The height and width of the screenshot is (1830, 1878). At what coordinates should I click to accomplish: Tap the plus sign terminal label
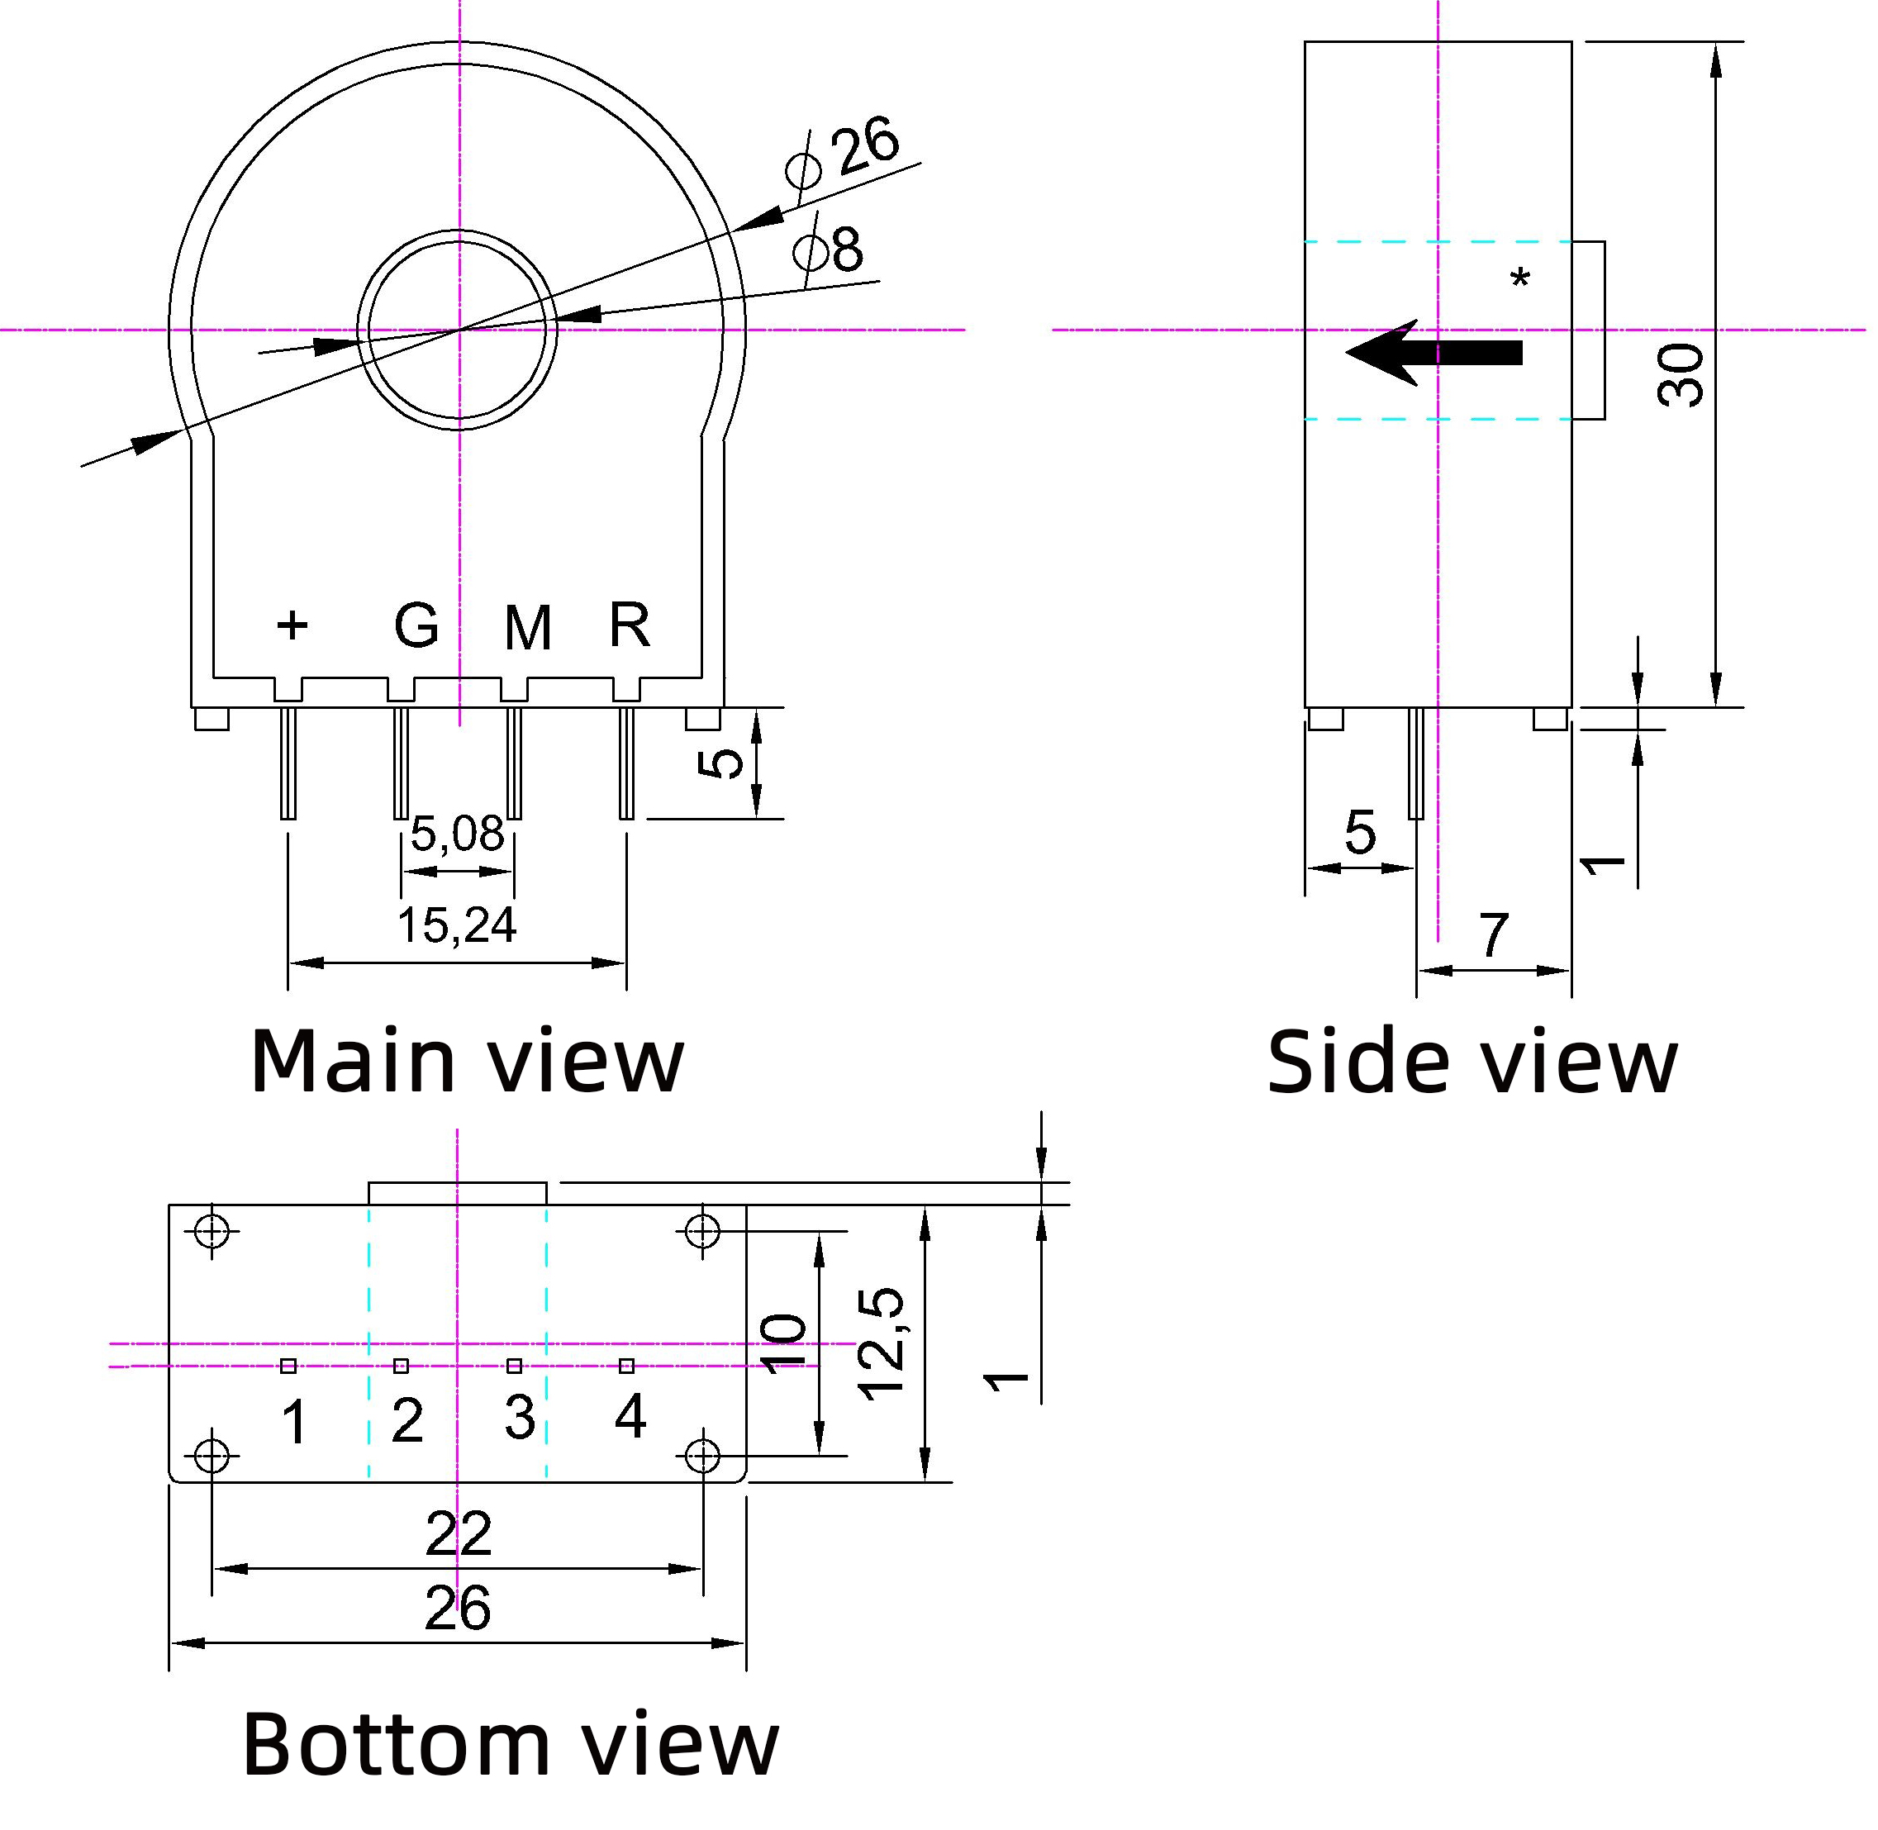pos(292,625)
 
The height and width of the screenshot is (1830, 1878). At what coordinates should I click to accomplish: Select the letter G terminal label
pos(416,625)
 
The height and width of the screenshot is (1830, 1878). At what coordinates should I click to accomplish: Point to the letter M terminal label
pos(528,629)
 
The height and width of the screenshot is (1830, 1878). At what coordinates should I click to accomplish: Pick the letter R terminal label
pos(630,625)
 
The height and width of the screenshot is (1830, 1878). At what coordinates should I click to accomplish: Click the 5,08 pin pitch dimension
pos(458,834)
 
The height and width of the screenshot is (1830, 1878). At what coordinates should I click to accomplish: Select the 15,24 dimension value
pos(458,925)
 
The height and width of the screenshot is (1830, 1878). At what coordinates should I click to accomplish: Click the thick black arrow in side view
pos(1433,352)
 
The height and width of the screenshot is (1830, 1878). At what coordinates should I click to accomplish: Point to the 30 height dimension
pos(1681,375)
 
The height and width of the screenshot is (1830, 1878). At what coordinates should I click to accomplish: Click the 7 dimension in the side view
pos(1493,935)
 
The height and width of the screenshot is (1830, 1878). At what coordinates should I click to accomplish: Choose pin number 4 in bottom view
pos(630,1414)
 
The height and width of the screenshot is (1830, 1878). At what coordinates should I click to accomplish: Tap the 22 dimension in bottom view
pos(459,1534)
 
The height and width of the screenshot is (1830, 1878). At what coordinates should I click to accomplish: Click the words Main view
pos(467,1061)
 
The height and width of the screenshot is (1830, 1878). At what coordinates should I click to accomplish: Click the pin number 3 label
pos(520,1417)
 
